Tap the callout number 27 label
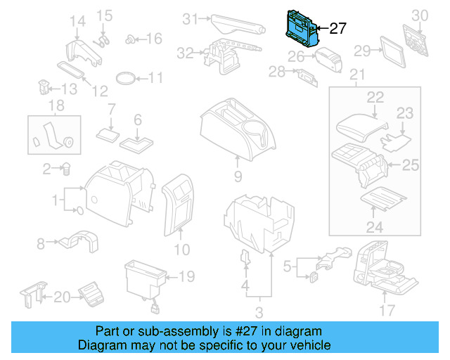(338, 29)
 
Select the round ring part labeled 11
(126, 77)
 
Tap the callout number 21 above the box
(358, 75)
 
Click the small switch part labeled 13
(43, 89)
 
